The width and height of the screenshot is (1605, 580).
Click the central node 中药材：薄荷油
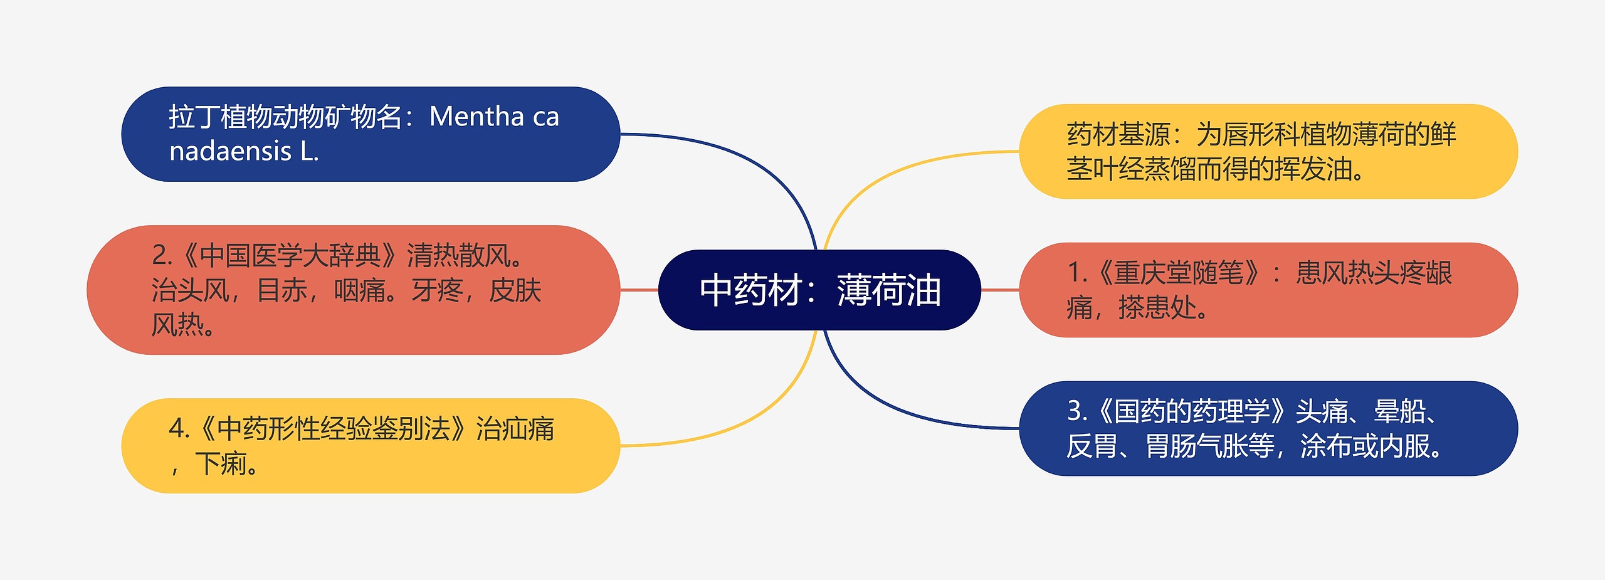(x=819, y=290)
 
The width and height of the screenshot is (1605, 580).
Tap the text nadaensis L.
(x=244, y=151)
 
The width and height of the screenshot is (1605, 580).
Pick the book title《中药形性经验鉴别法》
(x=332, y=430)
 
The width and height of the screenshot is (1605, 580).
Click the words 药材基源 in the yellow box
(x=1118, y=134)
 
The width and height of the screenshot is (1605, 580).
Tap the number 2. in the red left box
(x=162, y=256)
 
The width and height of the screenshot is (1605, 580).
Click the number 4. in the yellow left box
(x=179, y=430)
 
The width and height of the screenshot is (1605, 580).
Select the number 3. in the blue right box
(x=1077, y=411)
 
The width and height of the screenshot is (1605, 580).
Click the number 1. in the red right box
(x=1076, y=273)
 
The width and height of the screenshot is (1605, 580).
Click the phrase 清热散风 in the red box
(x=458, y=256)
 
